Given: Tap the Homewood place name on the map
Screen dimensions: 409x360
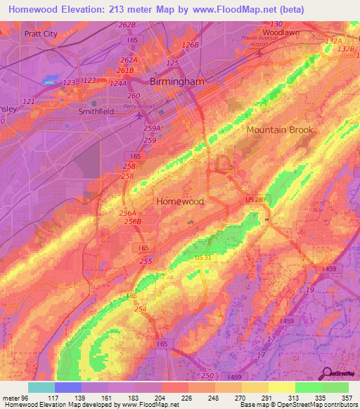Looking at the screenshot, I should pos(180,201).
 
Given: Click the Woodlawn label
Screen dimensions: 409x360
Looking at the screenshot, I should pos(282,32).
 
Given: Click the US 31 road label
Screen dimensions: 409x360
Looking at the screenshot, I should pos(203,259).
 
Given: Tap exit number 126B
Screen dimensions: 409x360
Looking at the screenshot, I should pos(191,45).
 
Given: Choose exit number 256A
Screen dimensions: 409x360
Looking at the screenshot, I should pos(127,213).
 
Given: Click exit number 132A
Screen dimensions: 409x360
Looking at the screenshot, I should pos(333,41).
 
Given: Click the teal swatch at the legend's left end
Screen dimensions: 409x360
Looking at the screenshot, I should pos(41,387).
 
